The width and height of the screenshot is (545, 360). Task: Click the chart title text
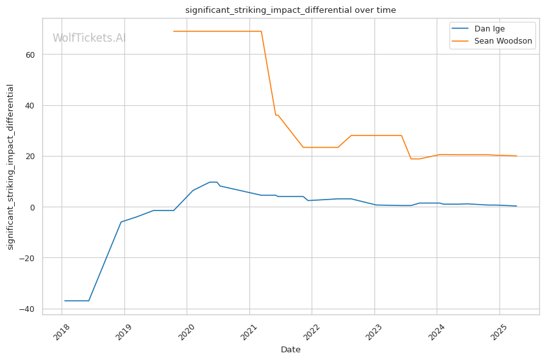pos(290,10)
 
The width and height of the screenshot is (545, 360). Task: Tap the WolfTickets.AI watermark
pos(89,38)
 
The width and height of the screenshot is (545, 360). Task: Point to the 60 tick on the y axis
pos(31,55)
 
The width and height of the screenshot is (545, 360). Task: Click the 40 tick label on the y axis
pos(31,105)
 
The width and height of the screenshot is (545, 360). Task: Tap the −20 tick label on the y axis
pos(28,258)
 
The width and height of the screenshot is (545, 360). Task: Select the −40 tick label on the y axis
pos(28,309)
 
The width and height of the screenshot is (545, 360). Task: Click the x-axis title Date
pos(290,350)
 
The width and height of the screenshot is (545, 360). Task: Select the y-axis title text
pos(10,167)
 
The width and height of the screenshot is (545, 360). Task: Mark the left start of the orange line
pos(174,31)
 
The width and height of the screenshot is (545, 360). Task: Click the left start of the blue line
pos(65,300)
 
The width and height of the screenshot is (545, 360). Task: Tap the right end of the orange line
pos(516,156)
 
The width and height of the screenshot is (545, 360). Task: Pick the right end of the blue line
pos(516,206)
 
